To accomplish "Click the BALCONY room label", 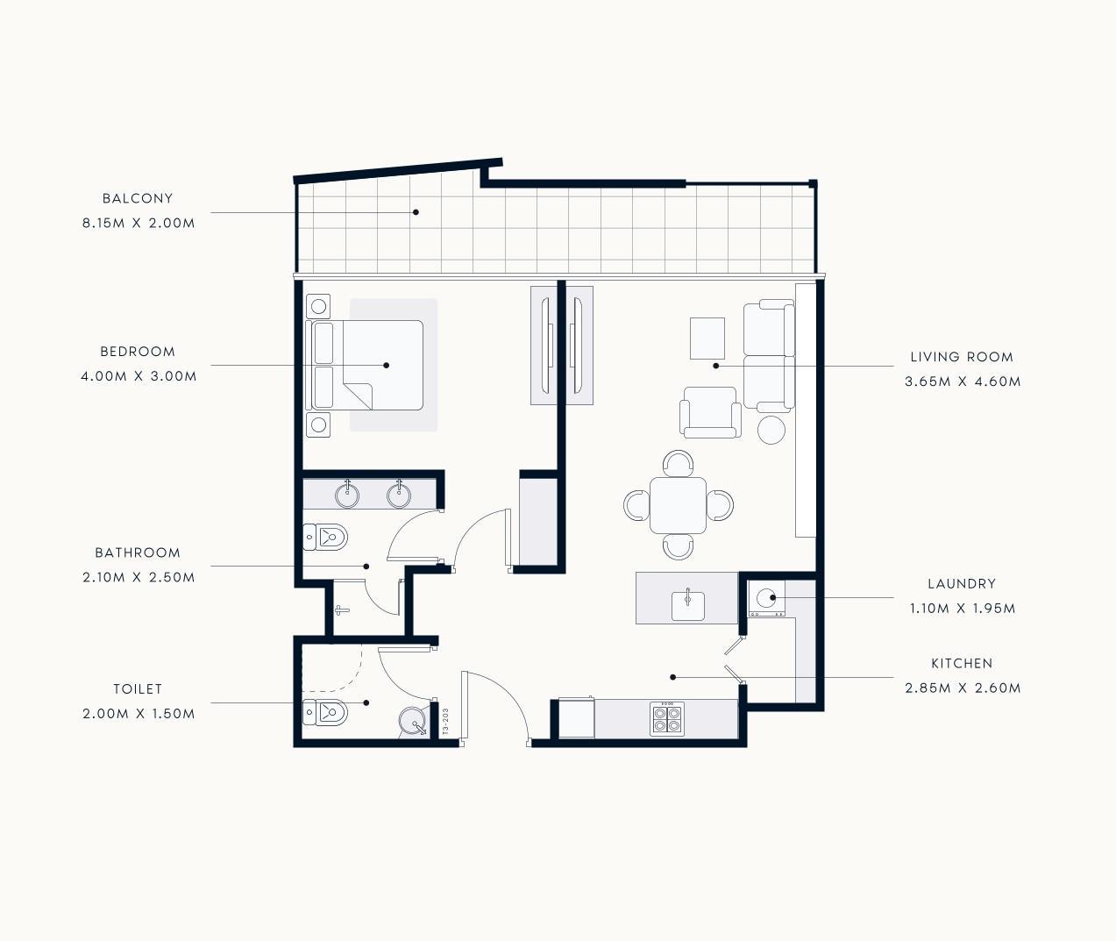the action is click(138, 198).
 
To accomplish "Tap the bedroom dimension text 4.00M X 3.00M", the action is click(139, 376).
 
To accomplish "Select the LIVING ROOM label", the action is click(962, 357).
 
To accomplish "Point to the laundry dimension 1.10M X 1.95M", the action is click(962, 609).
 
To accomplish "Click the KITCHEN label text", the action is click(962, 664).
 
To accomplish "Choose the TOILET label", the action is click(138, 689).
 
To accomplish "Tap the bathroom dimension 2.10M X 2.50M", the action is click(139, 577).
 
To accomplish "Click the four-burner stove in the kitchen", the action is click(667, 718).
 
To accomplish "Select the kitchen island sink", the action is click(688, 605).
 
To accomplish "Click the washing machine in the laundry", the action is click(766, 598).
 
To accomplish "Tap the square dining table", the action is click(679, 505).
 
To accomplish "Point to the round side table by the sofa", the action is click(771, 430).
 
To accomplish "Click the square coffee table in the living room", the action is click(707, 339).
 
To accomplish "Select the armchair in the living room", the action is click(710, 412).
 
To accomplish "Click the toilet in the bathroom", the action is click(325, 537).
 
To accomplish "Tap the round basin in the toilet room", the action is click(413, 720).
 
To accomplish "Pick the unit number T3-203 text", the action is click(445, 721).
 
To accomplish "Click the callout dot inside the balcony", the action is click(416, 212).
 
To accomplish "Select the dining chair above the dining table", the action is click(679, 463).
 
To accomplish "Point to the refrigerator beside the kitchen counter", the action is click(576, 718).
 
